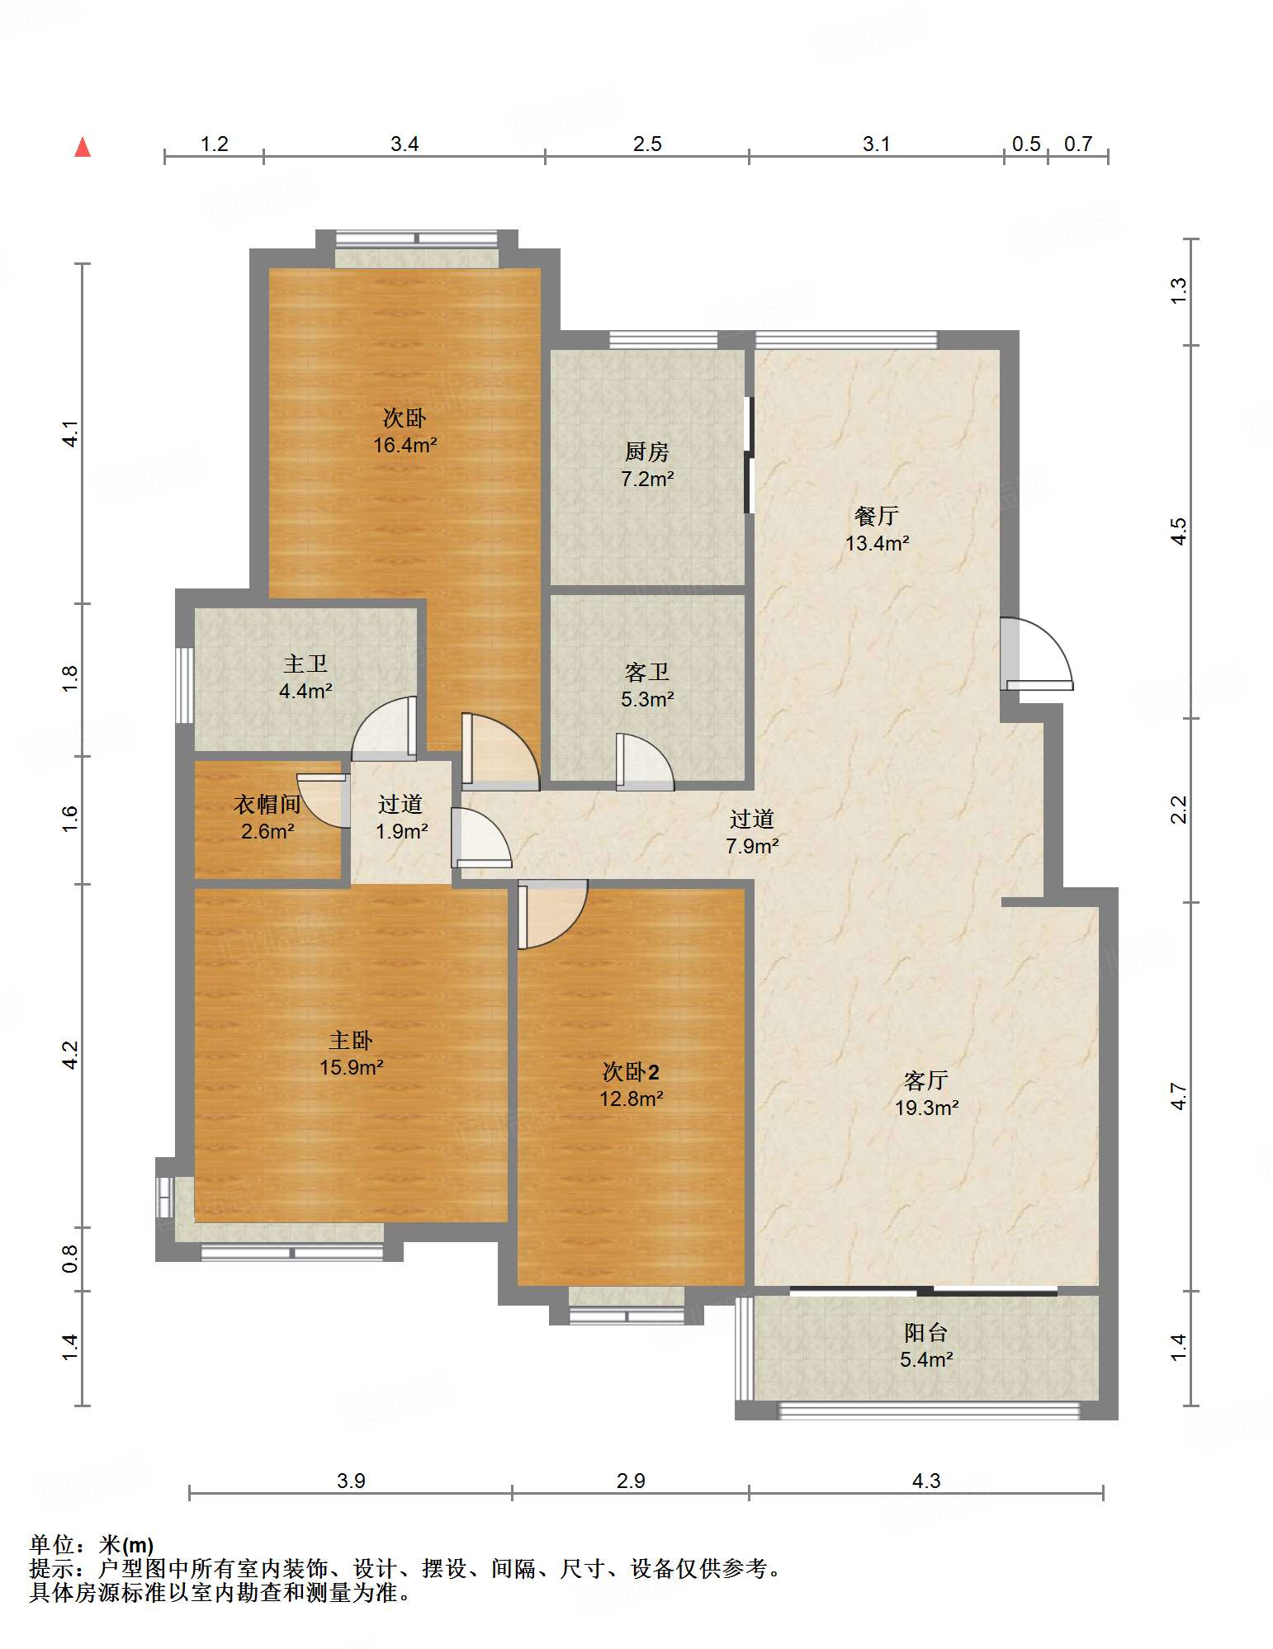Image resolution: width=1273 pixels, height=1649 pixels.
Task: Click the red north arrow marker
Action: pos(83,147)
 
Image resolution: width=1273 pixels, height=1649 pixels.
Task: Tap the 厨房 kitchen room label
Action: pos(646,451)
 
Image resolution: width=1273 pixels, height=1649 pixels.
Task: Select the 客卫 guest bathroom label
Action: pos(646,673)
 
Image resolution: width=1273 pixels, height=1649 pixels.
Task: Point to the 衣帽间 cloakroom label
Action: pos(267,804)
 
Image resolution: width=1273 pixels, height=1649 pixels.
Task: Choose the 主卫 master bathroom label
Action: pos(305,664)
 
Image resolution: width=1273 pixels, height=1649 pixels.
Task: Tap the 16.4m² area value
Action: pos(405,446)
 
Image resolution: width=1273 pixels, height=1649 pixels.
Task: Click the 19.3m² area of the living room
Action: pos(926,1108)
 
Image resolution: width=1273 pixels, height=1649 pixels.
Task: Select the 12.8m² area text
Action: pos(631,1099)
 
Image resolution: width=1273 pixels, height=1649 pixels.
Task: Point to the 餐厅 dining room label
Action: pos(877,516)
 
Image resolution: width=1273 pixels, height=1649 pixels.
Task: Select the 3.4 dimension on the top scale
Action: pos(405,144)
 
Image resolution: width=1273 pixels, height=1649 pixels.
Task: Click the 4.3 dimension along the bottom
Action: pos(926,1481)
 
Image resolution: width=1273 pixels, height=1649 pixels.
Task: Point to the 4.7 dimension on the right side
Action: pos(1179,1097)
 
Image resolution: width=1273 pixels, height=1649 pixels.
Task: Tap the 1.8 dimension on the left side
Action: pos(70,678)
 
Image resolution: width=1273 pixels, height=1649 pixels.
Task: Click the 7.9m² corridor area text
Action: pos(752,847)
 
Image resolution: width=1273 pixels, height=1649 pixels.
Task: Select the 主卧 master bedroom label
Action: pos(351,1041)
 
